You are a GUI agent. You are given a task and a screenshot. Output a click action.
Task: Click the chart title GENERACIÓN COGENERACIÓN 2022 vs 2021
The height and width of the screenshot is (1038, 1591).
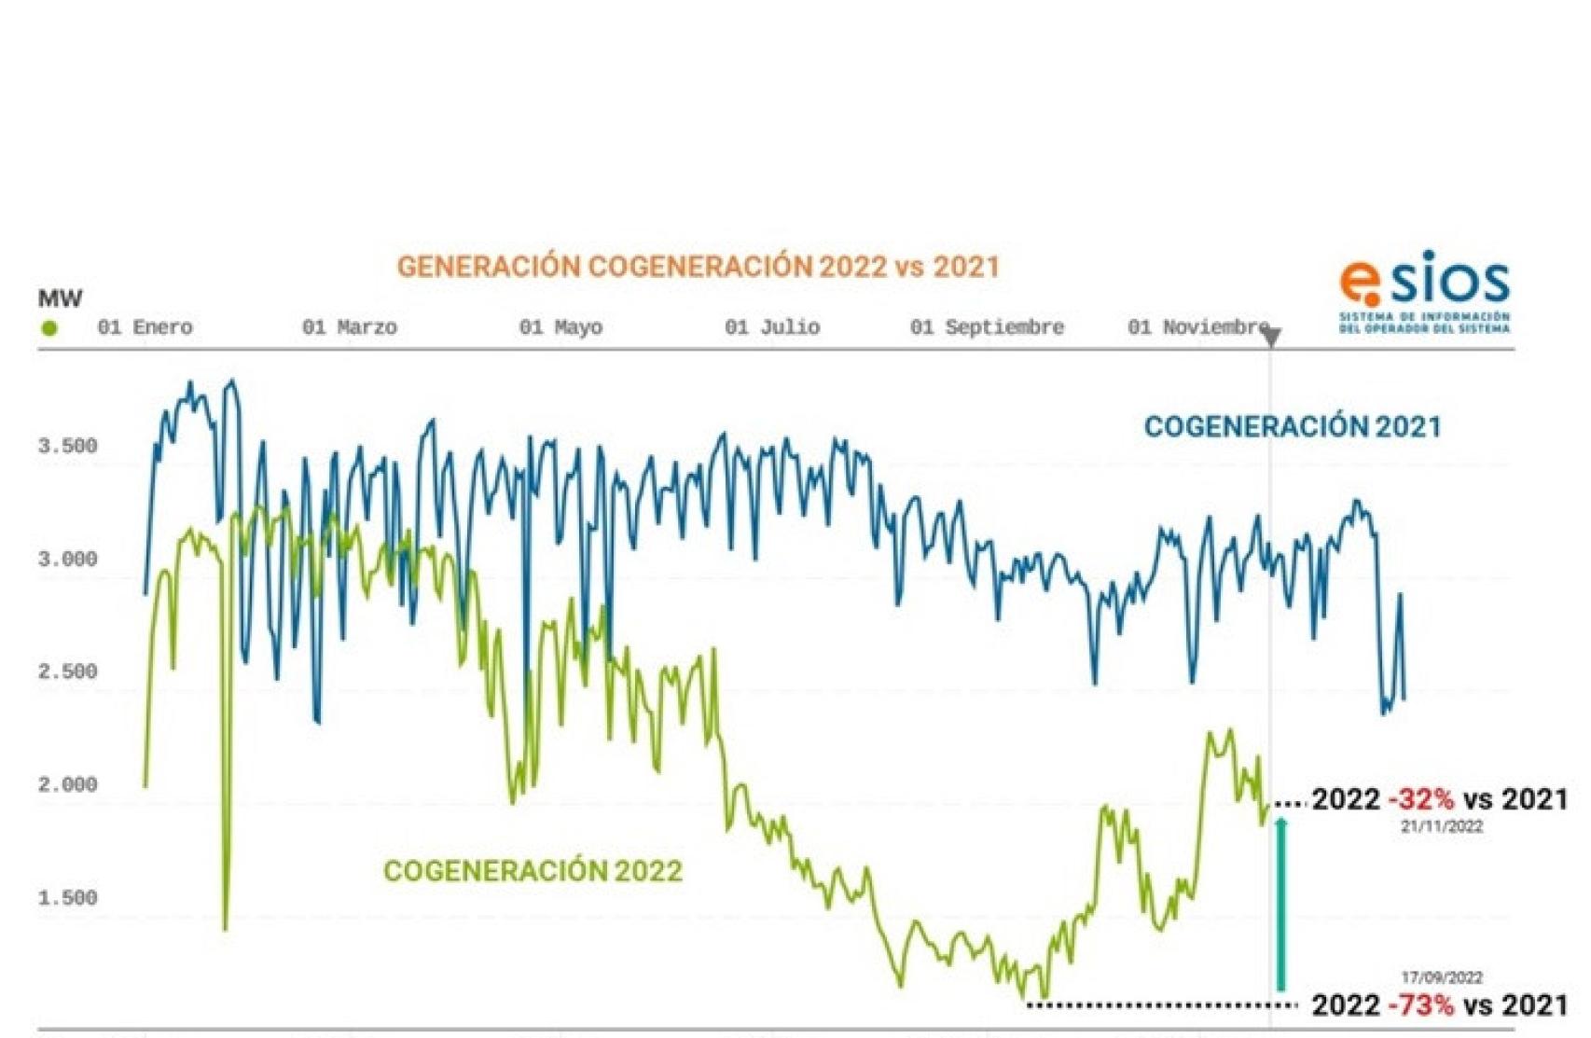point(698,267)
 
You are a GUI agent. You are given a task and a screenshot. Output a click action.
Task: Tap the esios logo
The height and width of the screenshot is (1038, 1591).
point(1424,290)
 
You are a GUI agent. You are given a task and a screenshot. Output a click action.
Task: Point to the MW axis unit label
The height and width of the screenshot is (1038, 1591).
point(60,298)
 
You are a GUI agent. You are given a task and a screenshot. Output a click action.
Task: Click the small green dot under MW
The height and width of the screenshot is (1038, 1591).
point(49,328)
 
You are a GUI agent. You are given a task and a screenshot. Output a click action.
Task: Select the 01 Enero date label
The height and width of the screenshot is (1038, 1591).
point(145,327)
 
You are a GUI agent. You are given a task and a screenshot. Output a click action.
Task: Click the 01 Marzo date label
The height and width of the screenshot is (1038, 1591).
point(350,327)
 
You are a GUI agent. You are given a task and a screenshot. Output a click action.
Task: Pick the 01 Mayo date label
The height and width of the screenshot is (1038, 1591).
point(560,327)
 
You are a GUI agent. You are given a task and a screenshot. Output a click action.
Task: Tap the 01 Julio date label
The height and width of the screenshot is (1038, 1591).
point(772,327)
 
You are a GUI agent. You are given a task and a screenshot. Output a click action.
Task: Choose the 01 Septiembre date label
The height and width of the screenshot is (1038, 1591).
point(987,327)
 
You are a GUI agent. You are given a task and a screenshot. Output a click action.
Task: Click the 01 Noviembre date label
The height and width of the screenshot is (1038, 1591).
point(1198,327)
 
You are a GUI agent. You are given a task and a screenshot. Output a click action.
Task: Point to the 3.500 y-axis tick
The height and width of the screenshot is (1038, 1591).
point(67,446)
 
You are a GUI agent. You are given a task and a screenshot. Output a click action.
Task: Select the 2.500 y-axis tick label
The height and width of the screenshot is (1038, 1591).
point(67,671)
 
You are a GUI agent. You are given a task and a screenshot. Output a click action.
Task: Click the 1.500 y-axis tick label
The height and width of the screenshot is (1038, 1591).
point(67,898)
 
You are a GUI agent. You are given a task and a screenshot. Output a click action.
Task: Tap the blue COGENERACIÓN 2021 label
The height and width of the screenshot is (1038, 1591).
point(1293,427)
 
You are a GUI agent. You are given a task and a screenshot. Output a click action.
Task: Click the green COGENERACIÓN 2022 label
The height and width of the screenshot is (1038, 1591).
point(533,871)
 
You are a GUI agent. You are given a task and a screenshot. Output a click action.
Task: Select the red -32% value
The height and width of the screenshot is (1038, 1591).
point(1420,799)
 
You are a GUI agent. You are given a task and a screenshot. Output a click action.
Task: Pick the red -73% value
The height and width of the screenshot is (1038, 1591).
point(1420,1005)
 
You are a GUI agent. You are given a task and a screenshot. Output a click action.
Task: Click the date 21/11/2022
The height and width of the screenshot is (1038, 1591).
point(1442,826)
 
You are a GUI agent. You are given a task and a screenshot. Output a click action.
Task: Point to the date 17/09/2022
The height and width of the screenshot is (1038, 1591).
point(1442,977)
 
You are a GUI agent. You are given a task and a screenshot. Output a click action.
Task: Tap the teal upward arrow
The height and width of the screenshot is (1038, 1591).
point(1281,905)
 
